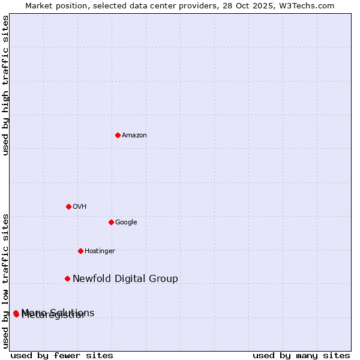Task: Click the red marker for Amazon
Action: point(118,135)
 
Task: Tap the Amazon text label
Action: point(134,136)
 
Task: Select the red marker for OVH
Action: point(68,206)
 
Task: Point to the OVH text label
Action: point(80,207)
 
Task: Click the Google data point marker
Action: point(111,222)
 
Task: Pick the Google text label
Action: point(126,223)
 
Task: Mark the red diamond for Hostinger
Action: point(80,251)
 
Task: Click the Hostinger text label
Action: point(100,251)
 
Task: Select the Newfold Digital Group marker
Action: point(67,278)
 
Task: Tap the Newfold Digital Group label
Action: point(125,278)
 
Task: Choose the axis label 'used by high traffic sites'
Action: point(5,85)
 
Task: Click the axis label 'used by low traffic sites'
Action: point(5,280)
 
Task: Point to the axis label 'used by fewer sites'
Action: point(62,355)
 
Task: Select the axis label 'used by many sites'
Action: point(301,355)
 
